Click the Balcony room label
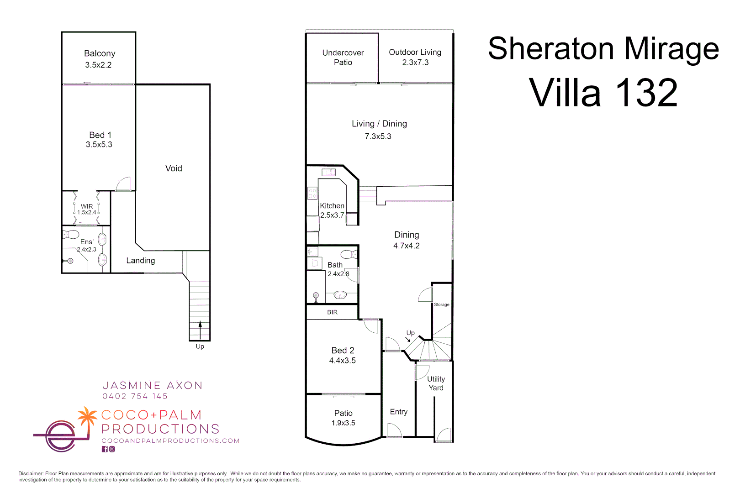tap(100, 53)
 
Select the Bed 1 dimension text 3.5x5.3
tap(99, 145)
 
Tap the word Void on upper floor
tap(174, 168)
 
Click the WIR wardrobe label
tap(87, 206)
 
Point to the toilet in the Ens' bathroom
tap(71, 235)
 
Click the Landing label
tap(141, 261)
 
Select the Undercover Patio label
tap(343, 58)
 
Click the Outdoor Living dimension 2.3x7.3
tap(415, 63)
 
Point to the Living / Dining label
tap(379, 124)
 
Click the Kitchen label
tap(332, 206)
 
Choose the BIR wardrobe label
tap(332, 312)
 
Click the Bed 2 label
tap(343, 351)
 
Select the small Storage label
tap(441, 304)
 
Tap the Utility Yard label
tap(436, 383)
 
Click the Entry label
tap(398, 412)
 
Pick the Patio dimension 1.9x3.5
tap(343, 423)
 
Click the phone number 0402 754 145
tap(135, 396)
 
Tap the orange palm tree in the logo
tap(87, 416)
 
